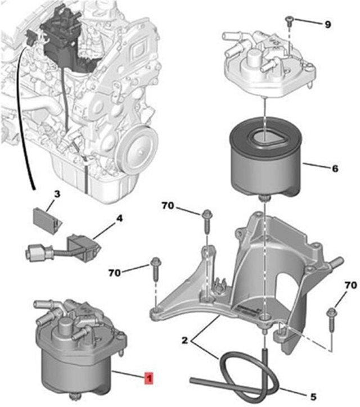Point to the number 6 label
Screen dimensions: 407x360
pyautogui.click(x=335, y=168)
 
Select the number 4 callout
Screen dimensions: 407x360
pyautogui.click(x=119, y=214)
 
